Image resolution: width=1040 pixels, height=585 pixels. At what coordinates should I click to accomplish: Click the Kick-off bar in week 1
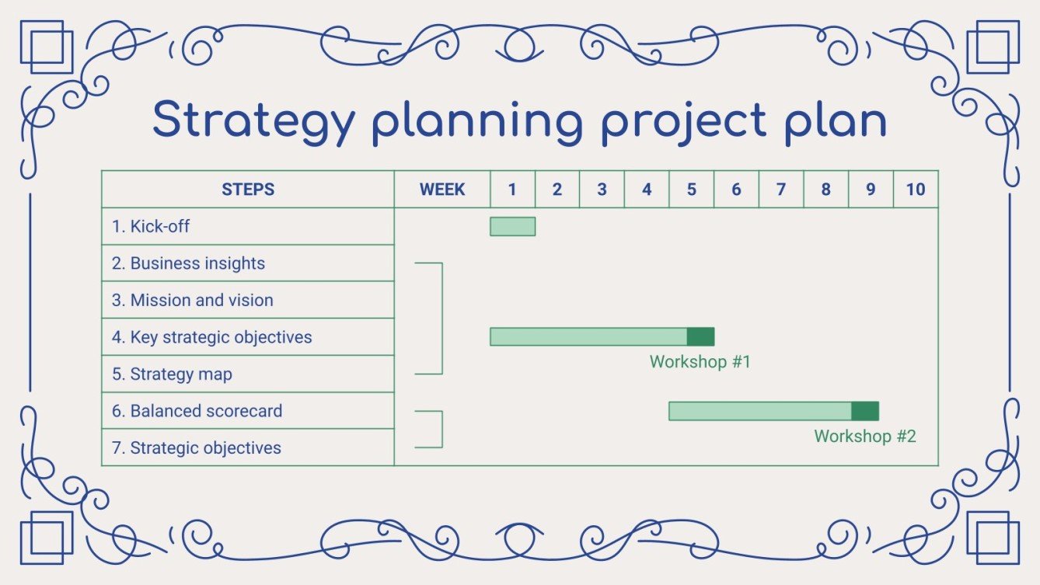pyautogui.click(x=512, y=226)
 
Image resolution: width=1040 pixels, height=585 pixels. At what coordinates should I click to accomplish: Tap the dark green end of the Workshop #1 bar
pyautogui.click(x=700, y=336)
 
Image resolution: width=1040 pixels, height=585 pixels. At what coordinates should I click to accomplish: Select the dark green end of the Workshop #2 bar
pyautogui.click(x=864, y=411)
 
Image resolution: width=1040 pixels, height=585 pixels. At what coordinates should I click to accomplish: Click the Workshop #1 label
pyautogui.click(x=700, y=361)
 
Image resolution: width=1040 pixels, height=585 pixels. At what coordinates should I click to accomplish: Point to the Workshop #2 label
pyautogui.click(x=864, y=436)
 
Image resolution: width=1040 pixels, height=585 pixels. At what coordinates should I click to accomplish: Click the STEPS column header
pyautogui.click(x=248, y=190)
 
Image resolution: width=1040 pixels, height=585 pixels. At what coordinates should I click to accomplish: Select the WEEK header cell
pyautogui.click(x=442, y=190)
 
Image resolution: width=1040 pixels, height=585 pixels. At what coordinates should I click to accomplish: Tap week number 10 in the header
pyautogui.click(x=915, y=190)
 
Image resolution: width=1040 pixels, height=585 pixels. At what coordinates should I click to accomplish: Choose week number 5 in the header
pyautogui.click(x=691, y=190)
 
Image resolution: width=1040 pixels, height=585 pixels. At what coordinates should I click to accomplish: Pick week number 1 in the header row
pyautogui.click(x=512, y=190)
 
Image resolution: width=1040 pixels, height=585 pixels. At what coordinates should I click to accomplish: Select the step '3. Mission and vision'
pyautogui.click(x=192, y=300)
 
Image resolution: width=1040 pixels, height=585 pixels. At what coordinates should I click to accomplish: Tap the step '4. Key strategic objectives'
pyautogui.click(x=211, y=337)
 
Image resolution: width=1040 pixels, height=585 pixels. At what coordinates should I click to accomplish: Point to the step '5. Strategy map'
pyautogui.click(x=172, y=374)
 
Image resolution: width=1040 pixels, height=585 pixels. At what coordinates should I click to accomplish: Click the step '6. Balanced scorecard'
pyautogui.click(x=197, y=411)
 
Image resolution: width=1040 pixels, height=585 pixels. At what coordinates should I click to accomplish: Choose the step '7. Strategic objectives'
pyautogui.click(x=196, y=447)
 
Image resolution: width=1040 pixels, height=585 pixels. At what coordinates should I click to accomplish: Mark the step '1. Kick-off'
pyautogui.click(x=151, y=226)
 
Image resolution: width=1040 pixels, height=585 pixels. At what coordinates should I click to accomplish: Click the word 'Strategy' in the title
pyautogui.click(x=253, y=121)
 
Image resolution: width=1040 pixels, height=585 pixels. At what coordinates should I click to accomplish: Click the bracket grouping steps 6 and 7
pyautogui.click(x=441, y=429)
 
